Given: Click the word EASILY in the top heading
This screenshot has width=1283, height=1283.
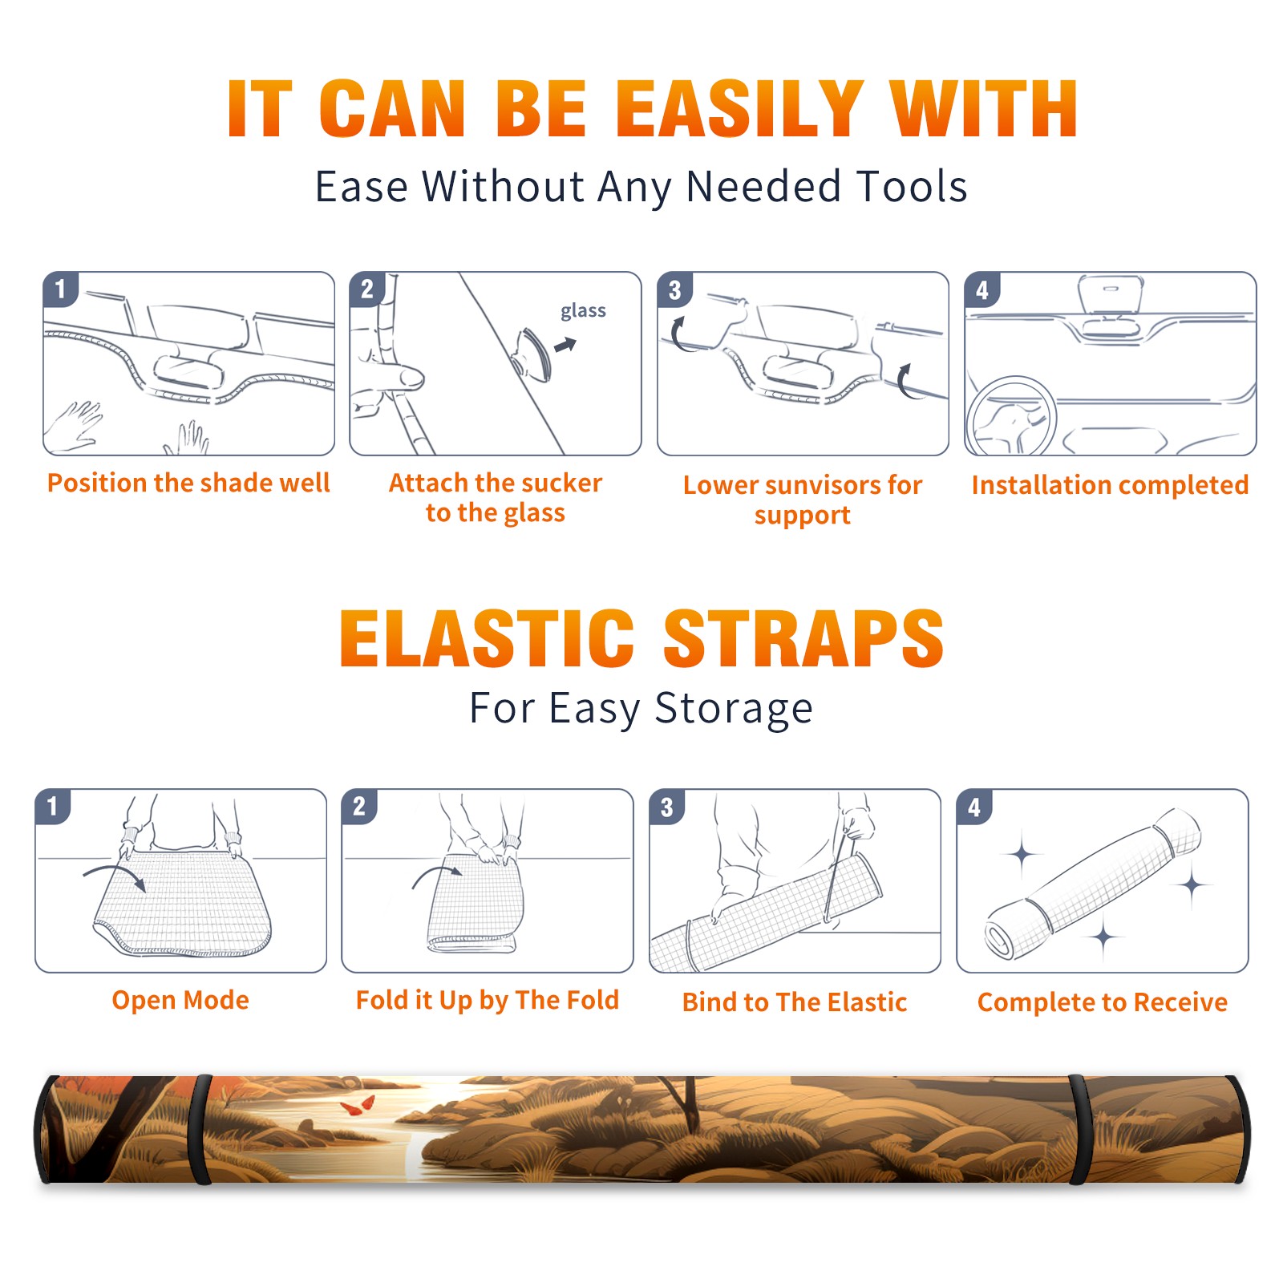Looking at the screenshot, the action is click(x=739, y=109).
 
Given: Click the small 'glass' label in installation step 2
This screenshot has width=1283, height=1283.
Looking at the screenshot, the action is click(x=583, y=311).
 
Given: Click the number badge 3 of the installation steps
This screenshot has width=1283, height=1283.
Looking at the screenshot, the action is click(x=675, y=289).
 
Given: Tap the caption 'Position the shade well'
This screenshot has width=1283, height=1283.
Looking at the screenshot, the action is click(x=188, y=483).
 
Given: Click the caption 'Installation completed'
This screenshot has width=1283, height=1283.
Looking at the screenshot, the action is click(x=1110, y=485).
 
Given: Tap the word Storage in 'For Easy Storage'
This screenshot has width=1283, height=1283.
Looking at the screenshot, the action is click(x=734, y=709).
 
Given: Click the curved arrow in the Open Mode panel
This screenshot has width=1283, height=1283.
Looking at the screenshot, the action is click(x=115, y=875).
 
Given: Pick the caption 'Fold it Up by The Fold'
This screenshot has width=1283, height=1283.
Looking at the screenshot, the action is click(x=488, y=1000).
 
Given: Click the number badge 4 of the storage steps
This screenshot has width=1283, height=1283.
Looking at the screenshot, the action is click(x=974, y=807).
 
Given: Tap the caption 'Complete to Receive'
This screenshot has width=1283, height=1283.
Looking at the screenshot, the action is click(x=1103, y=1002).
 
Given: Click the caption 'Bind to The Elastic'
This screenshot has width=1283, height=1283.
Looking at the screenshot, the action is click(x=795, y=1002).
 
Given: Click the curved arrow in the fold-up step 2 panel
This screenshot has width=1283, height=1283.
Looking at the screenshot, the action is click(x=437, y=875).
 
